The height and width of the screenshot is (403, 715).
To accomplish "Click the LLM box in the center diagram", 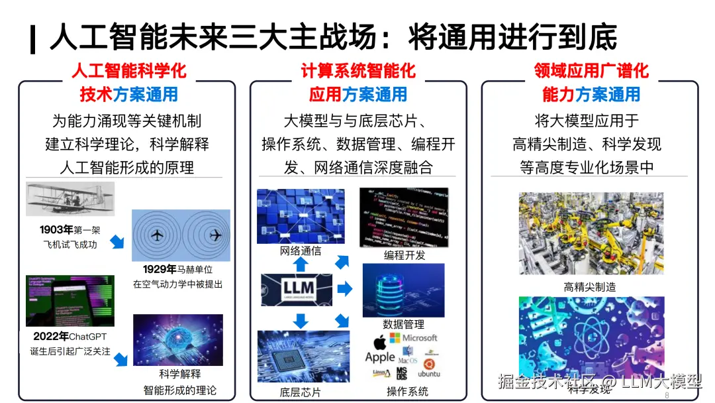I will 297,290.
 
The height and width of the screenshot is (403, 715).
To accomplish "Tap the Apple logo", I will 379,343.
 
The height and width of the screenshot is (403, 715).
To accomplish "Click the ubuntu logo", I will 429,368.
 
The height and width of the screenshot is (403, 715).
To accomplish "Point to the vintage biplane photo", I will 70,199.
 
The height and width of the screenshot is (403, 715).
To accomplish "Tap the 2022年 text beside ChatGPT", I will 50,337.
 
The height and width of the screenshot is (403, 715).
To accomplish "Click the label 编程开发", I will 405,255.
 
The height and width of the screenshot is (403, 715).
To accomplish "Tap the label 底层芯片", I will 301,392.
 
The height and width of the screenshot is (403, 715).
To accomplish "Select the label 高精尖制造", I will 589,287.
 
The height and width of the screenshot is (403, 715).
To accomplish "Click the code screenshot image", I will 403,217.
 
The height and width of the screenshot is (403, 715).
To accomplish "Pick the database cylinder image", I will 403,290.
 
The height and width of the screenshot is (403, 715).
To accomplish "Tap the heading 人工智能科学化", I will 129,71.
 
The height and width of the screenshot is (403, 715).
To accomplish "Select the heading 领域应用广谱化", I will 591,71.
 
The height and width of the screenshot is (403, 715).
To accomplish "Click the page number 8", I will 667,395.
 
